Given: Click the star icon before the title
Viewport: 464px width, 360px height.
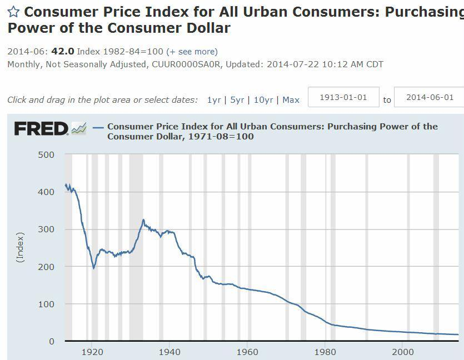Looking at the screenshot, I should click(x=13, y=12).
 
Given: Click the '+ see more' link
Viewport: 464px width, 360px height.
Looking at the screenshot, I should click(x=192, y=51).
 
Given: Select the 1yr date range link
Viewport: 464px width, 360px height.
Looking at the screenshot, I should click(x=214, y=100).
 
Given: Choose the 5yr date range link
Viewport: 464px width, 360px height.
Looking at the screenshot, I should click(x=237, y=100).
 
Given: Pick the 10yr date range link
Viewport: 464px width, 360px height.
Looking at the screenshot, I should click(x=263, y=100).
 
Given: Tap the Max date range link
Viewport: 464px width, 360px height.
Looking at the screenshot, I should click(x=291, y=100).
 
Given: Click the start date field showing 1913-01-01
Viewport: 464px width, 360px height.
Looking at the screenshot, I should click(x=343, y=97).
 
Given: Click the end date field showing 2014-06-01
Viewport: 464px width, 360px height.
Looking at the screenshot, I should click(x=430, y=97).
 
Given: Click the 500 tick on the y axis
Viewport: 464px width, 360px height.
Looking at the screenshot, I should click(x=47, y=154).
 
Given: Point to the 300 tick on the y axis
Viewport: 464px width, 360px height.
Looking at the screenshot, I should click(x=47, y=229).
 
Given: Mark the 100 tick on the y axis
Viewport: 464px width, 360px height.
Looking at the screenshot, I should click(x=47, y=304).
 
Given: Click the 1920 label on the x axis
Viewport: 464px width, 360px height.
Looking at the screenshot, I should click(x=92, y=352).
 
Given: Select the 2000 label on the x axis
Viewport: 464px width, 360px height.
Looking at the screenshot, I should click(x=402, y=352).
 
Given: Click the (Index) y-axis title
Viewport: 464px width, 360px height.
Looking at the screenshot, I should click(x=21, y=247).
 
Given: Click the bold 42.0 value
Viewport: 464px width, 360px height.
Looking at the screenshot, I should click(x=62, y=51).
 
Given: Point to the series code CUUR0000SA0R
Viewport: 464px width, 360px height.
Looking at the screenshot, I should click(x=186, y=64).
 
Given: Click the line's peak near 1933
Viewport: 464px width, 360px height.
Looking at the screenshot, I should click(x=143, y=219).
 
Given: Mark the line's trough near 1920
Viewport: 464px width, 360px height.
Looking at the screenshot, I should click(x=93, y=268).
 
